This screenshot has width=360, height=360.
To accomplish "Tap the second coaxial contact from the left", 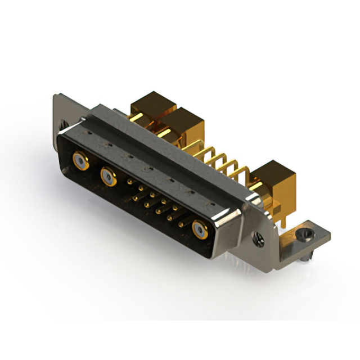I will pyautogui.click(x=108, y=177).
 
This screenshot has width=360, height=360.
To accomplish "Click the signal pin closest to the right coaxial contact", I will pyautogui.click(x=181, y=224).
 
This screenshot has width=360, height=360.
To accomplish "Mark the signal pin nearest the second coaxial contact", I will pyautogui.click(x=130, y=182).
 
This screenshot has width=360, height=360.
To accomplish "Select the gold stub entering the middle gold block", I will pyautogui.click(x=165, y=133).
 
